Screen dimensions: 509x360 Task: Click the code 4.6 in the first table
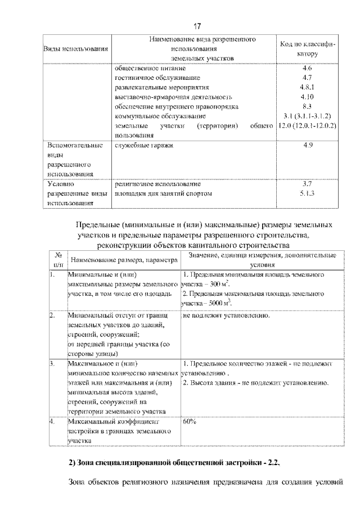click(x=307, y=68)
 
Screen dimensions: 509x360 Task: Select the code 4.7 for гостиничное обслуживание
click(x=307, y=78)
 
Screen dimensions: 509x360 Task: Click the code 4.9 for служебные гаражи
click(x=307, y=146)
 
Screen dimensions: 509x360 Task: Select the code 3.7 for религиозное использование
click(x=307, y=184)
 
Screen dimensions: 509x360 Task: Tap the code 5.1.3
click(x=307, y=193)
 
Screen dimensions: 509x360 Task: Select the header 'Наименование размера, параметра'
click(x=122, y=260)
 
